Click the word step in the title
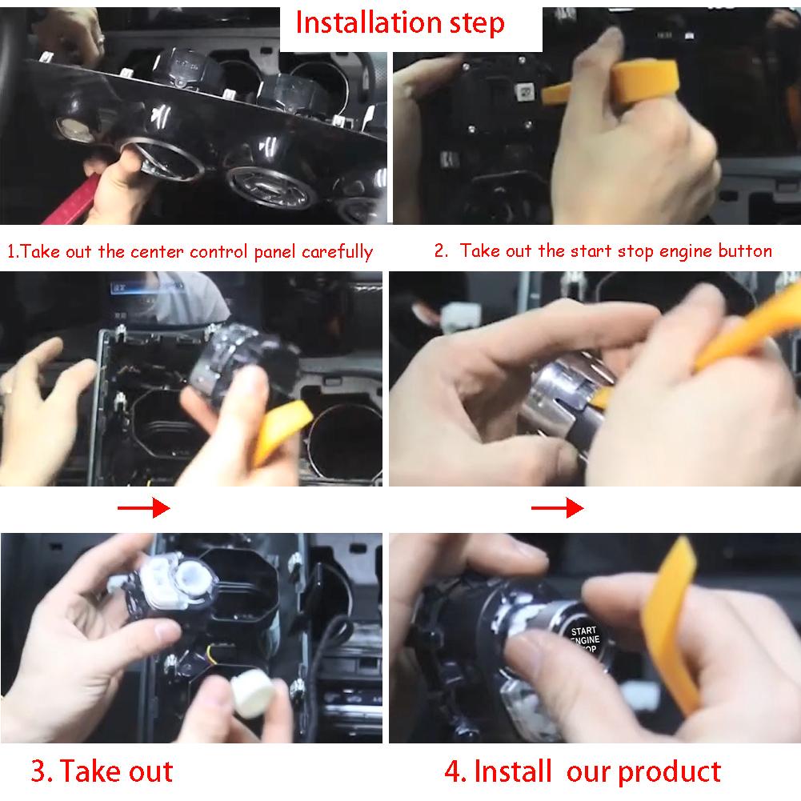[x=477, y=25]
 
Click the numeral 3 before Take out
[x=39, y=771]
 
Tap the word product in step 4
[x=669, y=772]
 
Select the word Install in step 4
[x=513, y=771]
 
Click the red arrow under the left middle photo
[x=143, y=508]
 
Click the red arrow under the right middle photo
[x=557, y=508]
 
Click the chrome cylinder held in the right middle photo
[x=562, y=403]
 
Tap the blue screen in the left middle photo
[x=148, y=288]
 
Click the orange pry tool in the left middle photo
[x=280, y=431]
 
